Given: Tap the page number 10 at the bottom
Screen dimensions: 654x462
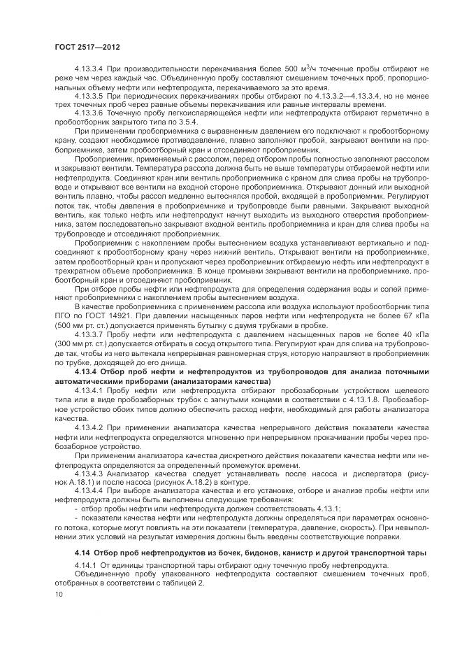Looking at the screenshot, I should pos(57,593).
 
